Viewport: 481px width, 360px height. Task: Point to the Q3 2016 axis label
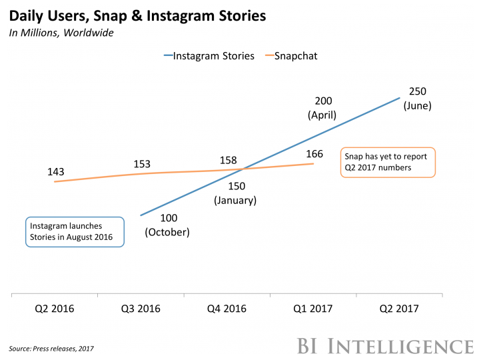pyautogui.click(x=140, y=309)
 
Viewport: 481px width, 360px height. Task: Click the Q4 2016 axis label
pyautogui.click(x=227, y=309)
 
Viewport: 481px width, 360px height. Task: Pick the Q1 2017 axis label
pyautogui.click(x=313, y=309)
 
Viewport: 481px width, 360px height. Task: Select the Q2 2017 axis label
pyautogui.click(x=400, y=309)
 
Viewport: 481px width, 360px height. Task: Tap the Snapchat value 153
pyautogui.click(x=142, y=163)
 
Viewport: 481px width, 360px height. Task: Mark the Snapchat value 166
pyautogui.click(x=314, y=154)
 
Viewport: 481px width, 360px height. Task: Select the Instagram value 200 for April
pyautogui.click(x=322, y=101)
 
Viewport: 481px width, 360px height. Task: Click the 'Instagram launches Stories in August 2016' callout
pyautogui.click(x=75, y=232)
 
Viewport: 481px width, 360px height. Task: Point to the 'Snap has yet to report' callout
pyautogui.click(x=387, y=162)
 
